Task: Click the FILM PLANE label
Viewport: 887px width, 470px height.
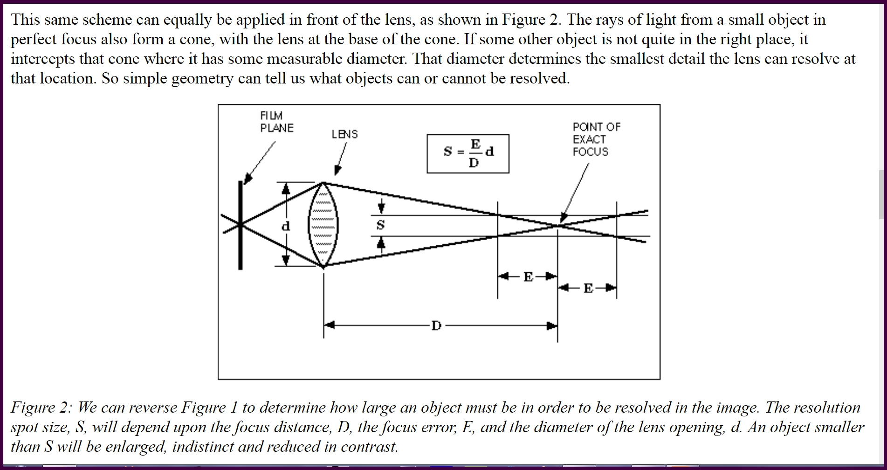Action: pyautogui.click(x=277, y=122)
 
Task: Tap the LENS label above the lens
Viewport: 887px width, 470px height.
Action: pyautogui.click(x=345, y=134)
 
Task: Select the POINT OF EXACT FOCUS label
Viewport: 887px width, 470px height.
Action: pyautogui.click(x=597, y=139)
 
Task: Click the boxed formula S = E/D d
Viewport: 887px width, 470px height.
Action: pyautogui.click(x=468, y=153)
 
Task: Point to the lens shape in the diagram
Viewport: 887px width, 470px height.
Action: pyautogui.click(x=323, y=225)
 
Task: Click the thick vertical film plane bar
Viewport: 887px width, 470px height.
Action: pyautogui.click(x=241, y=225)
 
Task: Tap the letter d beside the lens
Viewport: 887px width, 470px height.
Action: pyautogui.click(x=286, y=226)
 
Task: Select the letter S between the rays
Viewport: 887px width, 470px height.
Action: pyautogui.click(x=380, y=225)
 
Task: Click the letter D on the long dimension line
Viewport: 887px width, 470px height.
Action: pyautogui.click(x=436, y=325)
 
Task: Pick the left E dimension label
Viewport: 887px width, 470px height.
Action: pyautogui.click(x=528, y=277)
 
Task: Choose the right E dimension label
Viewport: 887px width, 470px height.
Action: pyautogui.click(x=588, y=289)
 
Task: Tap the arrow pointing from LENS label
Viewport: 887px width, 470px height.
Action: pyautogui.click(x=341, y=159)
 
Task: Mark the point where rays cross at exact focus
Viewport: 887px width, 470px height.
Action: pyautogui.click(x=558, y=226)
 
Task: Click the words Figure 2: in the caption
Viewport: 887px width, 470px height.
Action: pyautogui.click(x=41, y=408)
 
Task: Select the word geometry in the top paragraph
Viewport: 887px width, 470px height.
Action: pyautogui.click(x=202, y=79)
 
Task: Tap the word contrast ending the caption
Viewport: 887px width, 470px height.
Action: pyautogui.click(x=370, y=447)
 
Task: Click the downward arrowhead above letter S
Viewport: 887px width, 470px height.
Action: pyautogui.click(x=381, y=207)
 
